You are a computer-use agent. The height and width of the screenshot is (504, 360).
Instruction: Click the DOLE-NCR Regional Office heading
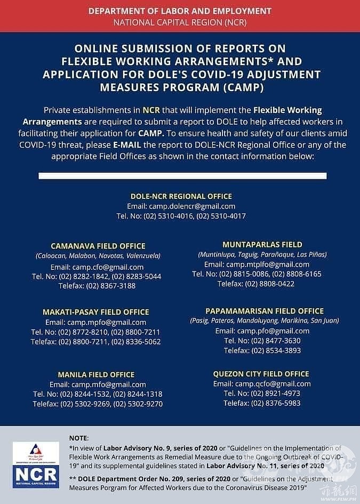pyautogui.click(x=181, y=196)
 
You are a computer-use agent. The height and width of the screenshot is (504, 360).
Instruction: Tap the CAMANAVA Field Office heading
pyautogui.click(x=98, y=246)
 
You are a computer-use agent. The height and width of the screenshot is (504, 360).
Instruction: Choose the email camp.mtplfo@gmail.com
pyautogui.click(x=268, y=265)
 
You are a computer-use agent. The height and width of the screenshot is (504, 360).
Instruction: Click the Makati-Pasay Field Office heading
pyautogui.click(x=96, y=312)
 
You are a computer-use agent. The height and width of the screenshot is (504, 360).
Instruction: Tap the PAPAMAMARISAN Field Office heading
pyautogui.click(x=265, y=311)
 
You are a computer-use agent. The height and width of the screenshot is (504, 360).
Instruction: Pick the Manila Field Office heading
pyautogui.click(x=96, y=374)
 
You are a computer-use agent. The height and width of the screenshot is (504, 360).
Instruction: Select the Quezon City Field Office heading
pyautogui.click(x=261, y=374)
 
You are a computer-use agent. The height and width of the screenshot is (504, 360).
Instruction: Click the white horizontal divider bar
pyautogui.click(x=182, y=176)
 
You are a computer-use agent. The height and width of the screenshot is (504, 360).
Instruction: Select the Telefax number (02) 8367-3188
pyautogui.click(x=113, y=286)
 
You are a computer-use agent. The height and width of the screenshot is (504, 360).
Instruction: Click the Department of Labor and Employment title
pyautogui.click(x=180, y=11)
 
